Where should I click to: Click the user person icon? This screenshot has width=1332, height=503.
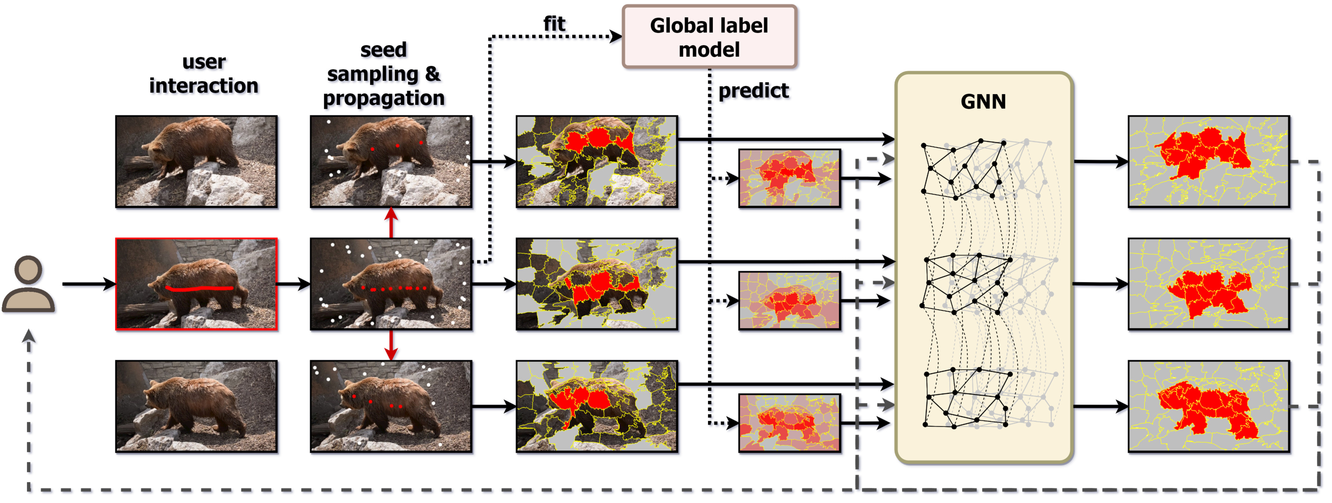click(x=29, y=284)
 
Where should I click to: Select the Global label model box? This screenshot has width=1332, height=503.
click(x=709, y=37)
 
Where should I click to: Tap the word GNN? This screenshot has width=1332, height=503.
click(x=983, y=101)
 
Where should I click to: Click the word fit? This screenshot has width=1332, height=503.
click(x=554, y=24)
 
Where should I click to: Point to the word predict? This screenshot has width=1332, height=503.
click(x=753, y=91)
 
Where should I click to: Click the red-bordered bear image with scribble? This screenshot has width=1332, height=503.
click(x=197, y=284)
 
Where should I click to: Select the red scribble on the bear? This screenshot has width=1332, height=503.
click(x=199, y=288)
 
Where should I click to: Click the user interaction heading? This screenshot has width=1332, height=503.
click(x=204, y=74)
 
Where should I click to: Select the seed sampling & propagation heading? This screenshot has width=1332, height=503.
click(x=384, y=74)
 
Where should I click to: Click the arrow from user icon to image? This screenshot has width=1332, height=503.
click(x=88, y=284)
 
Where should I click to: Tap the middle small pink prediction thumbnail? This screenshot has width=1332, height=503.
click(x=789, y=300)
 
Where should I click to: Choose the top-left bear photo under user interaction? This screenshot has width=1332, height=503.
click(x=197, y=161)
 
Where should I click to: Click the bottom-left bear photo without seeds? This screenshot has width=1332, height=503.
click(x=197, y=406)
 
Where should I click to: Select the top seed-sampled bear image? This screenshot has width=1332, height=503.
click(x=391, y=161)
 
